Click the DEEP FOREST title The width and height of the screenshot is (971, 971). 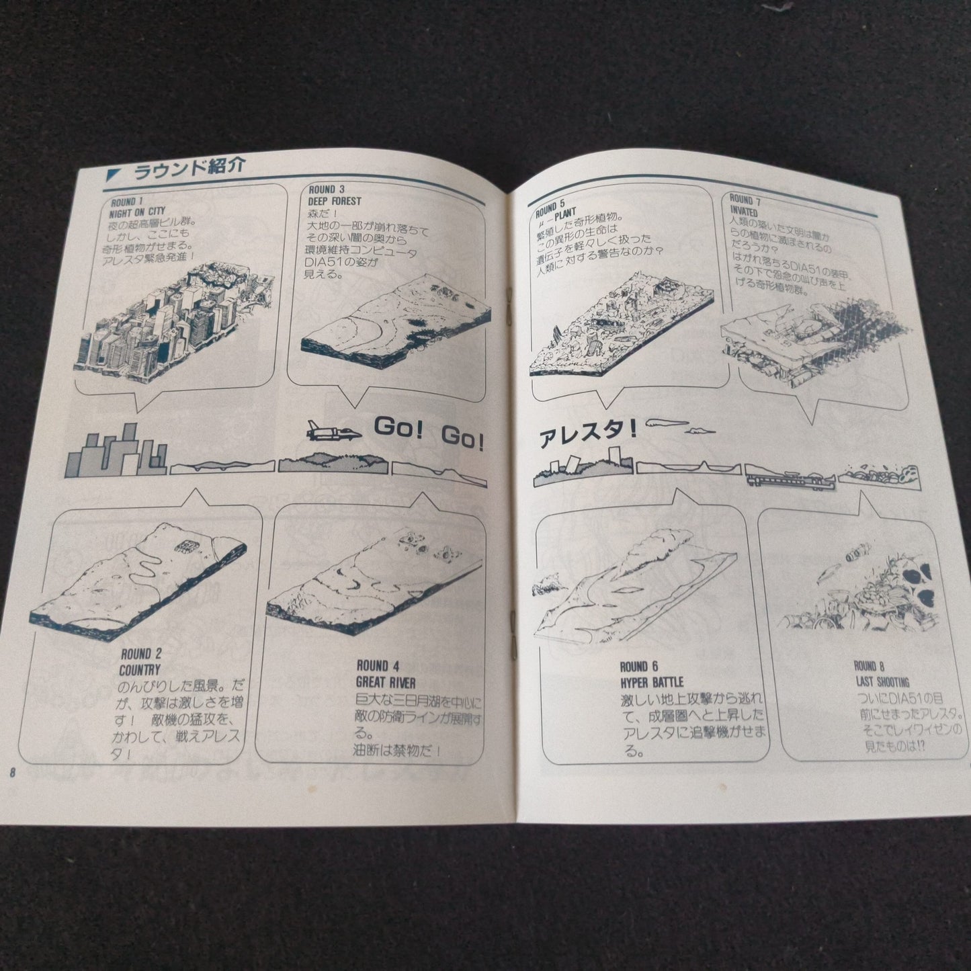[x=335, y=200]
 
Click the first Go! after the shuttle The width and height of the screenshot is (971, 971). [x=396, y=427]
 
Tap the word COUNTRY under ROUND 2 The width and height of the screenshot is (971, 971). [x=140, y=669]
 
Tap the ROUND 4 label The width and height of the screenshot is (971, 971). [x=377, y=666]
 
